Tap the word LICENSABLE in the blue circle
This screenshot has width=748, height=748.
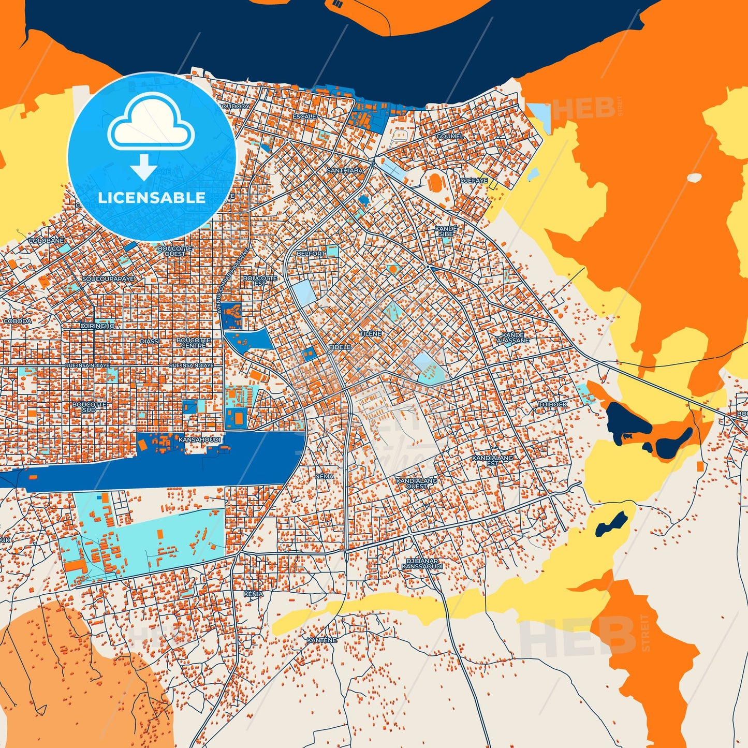tap(152, 198)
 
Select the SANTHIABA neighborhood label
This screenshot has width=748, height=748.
tap(344, 170)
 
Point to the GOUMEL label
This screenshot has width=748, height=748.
tap(449, 136)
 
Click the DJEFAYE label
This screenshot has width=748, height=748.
tap(474, 181)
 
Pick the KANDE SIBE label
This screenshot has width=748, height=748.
tap(446, 231)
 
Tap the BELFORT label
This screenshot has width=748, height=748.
tap(311, 254)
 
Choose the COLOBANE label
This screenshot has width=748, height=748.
tap(46, 241)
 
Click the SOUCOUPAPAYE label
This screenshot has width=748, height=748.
tap(108, 279)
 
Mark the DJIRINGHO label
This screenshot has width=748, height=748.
tap(97, 326)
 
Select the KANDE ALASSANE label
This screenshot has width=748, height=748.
tap(513, 338)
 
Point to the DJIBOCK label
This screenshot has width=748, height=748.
tap(553, 404)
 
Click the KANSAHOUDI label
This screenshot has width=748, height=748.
tap(199, 439)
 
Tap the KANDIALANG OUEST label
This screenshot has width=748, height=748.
tap(417, 483)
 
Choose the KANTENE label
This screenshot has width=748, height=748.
tap(321, 640)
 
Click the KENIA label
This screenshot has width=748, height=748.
tap(253, 594)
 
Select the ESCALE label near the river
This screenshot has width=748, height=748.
tap(304, 116)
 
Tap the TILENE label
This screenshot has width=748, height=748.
tap(371, 334)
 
